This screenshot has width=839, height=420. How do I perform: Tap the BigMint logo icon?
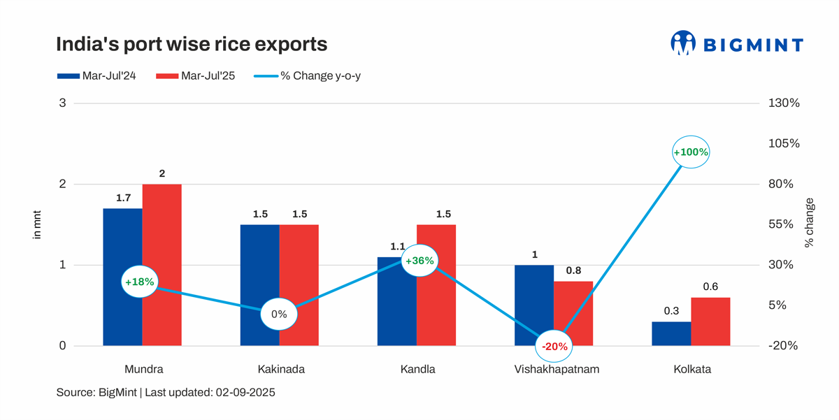point(682,43)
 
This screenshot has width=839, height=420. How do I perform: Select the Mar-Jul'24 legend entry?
point(96,76)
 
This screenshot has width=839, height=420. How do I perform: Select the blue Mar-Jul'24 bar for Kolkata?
point(671,333)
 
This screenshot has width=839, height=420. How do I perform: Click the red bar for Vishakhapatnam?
point(573,313)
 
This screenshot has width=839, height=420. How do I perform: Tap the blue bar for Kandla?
point(396,300)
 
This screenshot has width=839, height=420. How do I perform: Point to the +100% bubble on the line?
point(691,152)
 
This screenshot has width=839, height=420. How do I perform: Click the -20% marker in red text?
point(554,346)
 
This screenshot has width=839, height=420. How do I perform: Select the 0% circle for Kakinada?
point(279,314)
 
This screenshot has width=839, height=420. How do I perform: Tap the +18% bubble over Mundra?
point(140,282)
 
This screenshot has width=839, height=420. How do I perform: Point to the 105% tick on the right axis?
point(783,143)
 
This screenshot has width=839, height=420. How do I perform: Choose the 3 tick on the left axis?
point(62,103)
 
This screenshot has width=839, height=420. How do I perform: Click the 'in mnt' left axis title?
point(37,224)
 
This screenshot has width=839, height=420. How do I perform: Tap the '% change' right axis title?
point(809,223)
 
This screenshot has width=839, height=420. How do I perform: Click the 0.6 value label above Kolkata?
point(710,287)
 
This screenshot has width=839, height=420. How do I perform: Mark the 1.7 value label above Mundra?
point(123,198)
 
